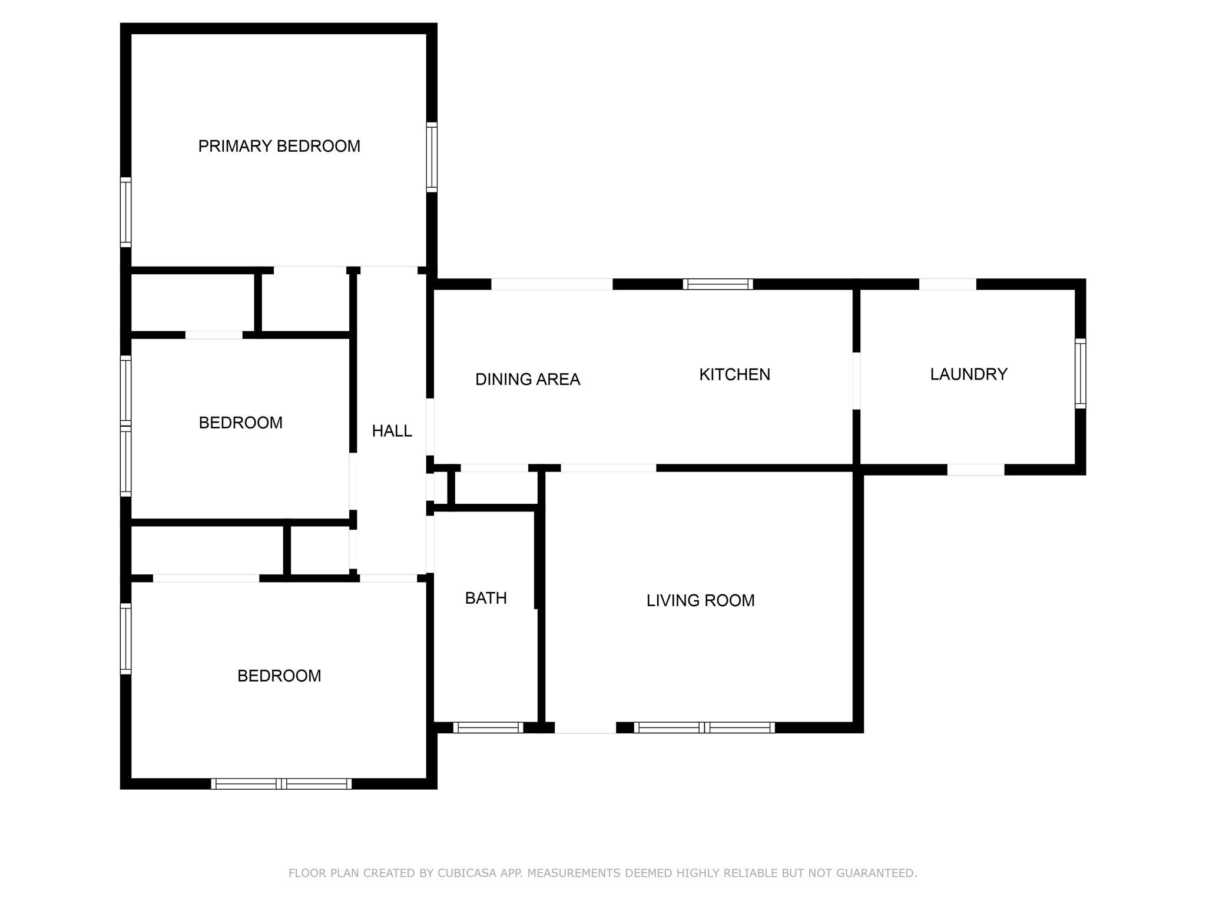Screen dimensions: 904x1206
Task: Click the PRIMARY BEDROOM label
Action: tap(279, 146)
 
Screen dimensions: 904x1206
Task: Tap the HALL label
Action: tap(392, 431)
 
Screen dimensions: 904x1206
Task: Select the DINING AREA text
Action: tap(528, 380)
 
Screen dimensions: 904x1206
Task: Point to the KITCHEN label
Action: tap(734, 375)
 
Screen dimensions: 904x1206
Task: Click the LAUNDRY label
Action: tap(969, 374)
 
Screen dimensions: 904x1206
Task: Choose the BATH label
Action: tap(486, 599)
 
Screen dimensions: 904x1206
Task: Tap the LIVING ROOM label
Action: tap(700, 601)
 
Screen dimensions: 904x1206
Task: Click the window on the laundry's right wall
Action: tap(1080, 373)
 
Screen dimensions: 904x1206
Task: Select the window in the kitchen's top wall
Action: tap(718, 284)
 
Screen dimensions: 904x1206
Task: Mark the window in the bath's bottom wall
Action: tap(488, 727)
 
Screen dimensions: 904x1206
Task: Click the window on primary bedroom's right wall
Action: tap(432, 157)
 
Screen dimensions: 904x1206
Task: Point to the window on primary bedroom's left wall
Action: tap(125, 212)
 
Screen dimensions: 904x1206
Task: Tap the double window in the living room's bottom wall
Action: tap(704, 727)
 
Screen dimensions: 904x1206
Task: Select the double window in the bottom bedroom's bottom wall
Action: tap(281, 784)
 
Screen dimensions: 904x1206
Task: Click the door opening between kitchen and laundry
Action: tap(856, 381)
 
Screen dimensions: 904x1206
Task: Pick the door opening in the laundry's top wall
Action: tap(947, 284)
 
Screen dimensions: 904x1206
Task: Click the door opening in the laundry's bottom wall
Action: tap(976, 470)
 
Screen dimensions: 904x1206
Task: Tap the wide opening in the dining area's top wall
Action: tap(552, 284)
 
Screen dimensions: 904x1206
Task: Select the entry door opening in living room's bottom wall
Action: tap(585, 727)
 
